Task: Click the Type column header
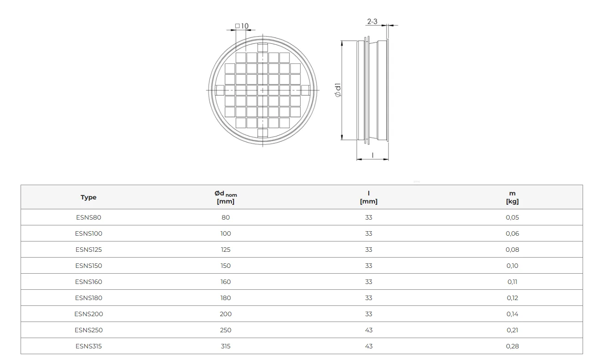click(88, 197)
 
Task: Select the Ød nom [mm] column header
click(226, 197)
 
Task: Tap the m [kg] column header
click(512, 197)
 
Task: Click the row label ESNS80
click(89, 217)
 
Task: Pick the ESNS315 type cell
click(89, 346)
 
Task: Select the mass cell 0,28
click(512, 346)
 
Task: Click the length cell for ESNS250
click(369, 330)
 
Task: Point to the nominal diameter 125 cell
click(226, 250)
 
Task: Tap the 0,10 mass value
click(512, 266)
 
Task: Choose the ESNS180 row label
click(89, 298)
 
